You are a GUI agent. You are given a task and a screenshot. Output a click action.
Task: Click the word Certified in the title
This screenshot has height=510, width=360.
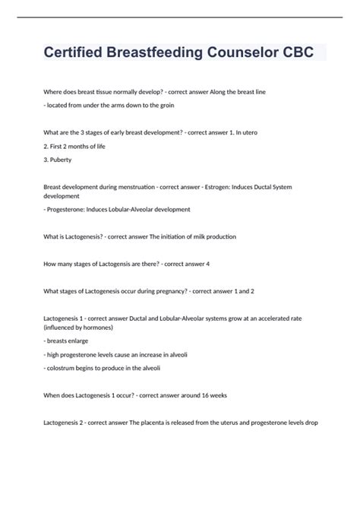[74, 52]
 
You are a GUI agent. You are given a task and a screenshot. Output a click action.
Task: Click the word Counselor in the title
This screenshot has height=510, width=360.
[244, 52]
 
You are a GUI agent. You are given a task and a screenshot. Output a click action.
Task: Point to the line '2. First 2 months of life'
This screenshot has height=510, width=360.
[74, 146]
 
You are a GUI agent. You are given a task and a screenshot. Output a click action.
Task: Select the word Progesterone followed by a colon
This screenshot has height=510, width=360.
[71, 209]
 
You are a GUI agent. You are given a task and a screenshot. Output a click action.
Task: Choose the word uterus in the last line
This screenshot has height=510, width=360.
[232, 423]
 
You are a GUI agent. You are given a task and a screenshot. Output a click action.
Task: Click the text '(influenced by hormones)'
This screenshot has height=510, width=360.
[79, 327]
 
